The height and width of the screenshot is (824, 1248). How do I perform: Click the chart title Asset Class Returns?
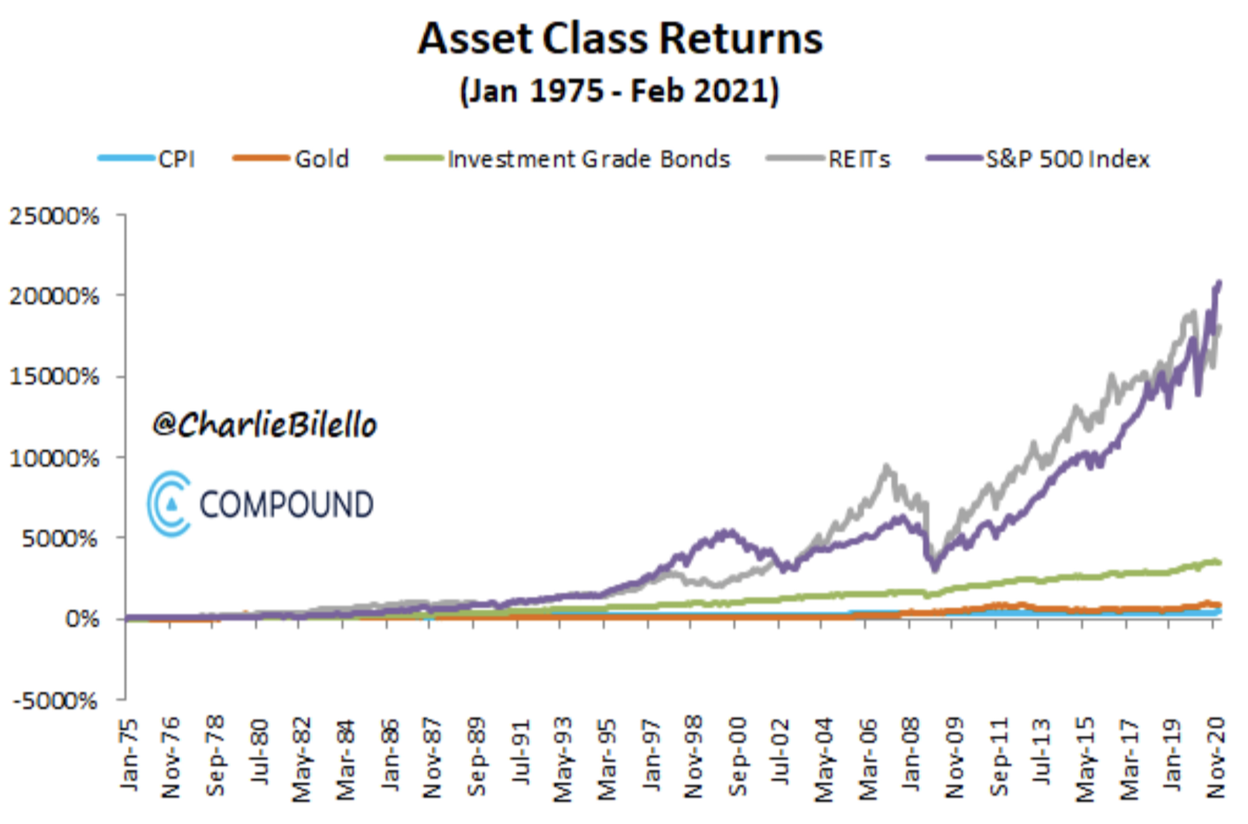[x=620, y=39]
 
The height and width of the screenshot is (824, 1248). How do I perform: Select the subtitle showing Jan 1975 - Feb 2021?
[x=620, y=91]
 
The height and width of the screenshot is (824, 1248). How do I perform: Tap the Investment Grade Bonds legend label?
[x=589, y=159]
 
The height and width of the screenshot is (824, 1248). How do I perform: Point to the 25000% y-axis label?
[x=55, y=216]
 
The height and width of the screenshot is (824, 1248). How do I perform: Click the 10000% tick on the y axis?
[x=55, y=458]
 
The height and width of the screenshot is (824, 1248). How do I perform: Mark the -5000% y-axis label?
[x=55, y=700]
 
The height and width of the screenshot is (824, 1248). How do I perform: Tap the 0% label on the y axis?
[x=81, y=619]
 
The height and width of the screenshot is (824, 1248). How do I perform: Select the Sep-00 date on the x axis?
[x=737, y=756]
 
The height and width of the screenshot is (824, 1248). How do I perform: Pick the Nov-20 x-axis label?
[x=1216, y=757]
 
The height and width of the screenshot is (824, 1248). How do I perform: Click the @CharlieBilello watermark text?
[x=264, y=425]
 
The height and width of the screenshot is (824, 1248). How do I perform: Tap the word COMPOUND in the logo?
[x=285, y=505]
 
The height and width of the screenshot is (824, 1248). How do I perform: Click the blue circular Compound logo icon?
[x=169, y=504]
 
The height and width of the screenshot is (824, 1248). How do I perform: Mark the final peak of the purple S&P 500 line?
[x=1220, y=284]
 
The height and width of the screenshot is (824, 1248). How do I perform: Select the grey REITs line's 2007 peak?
[x=886, y=467]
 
